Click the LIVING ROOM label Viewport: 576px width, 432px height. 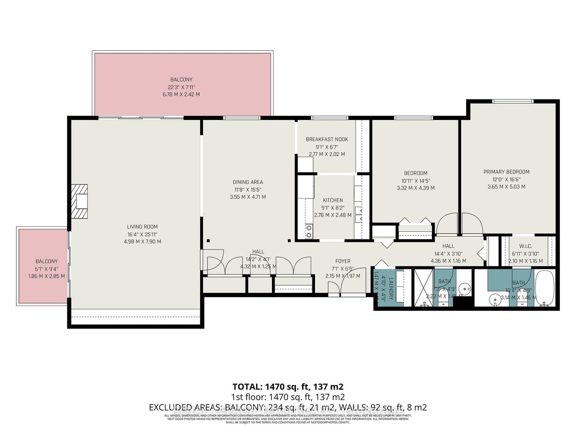(142, 227)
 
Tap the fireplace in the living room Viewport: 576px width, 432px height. (80, 201)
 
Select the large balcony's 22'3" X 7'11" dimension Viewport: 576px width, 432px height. (181, 87)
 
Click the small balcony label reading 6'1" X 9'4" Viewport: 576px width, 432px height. (46, 269)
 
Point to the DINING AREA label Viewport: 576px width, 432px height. (248, 182)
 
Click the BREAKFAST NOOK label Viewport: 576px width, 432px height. (327, 139)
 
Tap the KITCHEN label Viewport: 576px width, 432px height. (333, 200)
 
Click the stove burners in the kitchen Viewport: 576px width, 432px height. (309, 231)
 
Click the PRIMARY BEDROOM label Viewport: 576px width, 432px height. (506, 172)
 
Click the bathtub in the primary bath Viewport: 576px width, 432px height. (545, 288)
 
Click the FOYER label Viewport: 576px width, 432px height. (342, 261)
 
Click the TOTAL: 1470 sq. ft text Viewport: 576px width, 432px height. (288, 387)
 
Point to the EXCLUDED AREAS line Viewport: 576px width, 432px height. (288, 408)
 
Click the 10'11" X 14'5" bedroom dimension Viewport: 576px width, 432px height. (415, 181)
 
